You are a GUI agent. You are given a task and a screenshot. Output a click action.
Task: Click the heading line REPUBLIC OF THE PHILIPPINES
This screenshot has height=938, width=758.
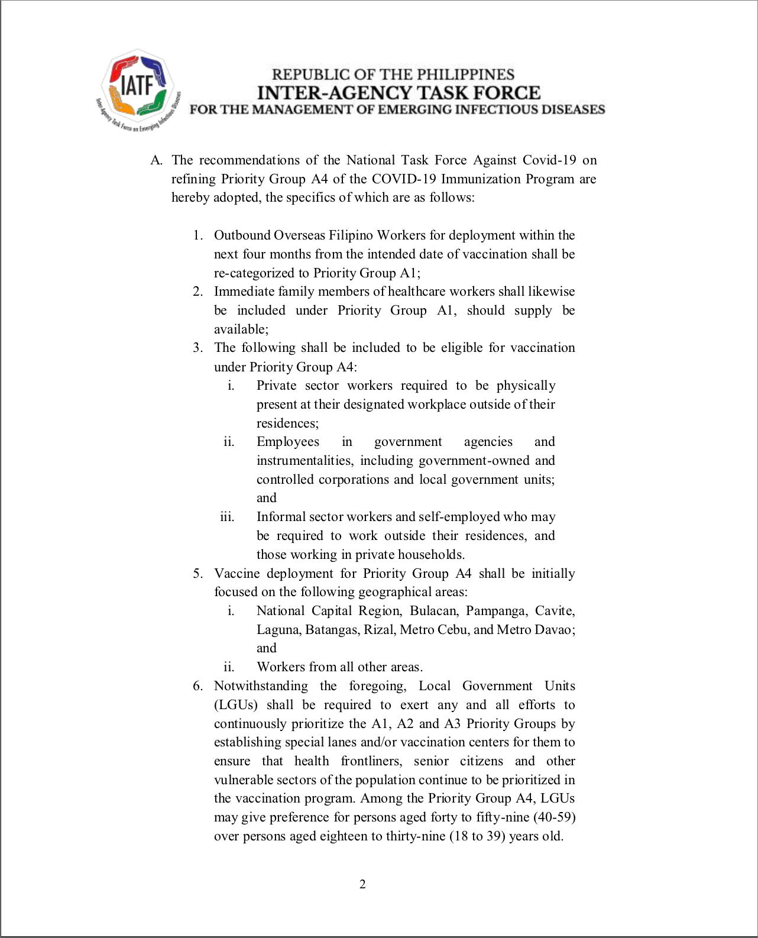point(393,75)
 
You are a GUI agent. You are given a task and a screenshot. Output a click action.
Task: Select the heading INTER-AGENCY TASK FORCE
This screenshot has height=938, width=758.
point(399,93)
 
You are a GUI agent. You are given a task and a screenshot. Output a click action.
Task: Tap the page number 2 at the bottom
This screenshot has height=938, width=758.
point(362,884)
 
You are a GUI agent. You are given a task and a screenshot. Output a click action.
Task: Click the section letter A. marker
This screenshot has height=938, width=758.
point(156,160)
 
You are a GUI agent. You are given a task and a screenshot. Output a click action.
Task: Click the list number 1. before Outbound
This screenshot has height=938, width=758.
point(198,235)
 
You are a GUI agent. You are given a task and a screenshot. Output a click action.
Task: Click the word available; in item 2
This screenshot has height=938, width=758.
point(241,329)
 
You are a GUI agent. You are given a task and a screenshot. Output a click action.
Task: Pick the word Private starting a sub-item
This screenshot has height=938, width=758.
point(276,386)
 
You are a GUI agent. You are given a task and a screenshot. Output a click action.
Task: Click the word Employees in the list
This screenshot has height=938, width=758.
point(288,442)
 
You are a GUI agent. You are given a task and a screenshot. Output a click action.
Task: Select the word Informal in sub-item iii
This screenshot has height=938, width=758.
point(280,517)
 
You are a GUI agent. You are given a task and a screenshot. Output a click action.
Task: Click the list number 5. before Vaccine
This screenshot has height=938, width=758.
point(198,574)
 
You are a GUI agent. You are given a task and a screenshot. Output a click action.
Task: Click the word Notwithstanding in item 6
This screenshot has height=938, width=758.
point(261,686)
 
